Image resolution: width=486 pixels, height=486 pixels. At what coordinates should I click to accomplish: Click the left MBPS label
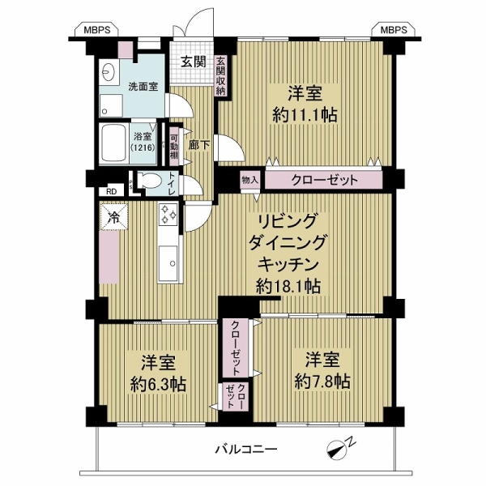97,30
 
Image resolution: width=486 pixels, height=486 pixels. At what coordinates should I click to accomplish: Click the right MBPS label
394,30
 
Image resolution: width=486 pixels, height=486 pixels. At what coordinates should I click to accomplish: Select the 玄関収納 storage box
221,76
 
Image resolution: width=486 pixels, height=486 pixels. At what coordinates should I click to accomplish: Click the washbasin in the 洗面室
108,74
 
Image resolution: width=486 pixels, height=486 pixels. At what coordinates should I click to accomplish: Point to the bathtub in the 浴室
113,143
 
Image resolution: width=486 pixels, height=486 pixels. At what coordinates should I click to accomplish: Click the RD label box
112,191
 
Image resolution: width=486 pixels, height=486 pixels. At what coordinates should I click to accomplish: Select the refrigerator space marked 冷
113,217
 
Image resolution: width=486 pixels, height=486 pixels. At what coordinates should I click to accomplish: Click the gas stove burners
168,214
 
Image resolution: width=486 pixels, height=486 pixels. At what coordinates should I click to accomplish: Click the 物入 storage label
249,180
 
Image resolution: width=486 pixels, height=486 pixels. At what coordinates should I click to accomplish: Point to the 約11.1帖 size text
305,116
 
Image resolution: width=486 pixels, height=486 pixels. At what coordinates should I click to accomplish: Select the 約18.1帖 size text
288,286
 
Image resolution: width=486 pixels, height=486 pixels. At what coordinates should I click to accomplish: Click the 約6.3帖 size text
159,385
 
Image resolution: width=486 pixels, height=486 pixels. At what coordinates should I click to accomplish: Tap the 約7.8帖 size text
322,382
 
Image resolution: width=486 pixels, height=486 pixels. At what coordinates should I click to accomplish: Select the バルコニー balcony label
246,449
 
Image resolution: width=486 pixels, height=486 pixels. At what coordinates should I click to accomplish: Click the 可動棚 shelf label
174,147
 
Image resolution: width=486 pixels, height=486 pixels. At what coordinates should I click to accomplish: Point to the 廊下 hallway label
199,145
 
